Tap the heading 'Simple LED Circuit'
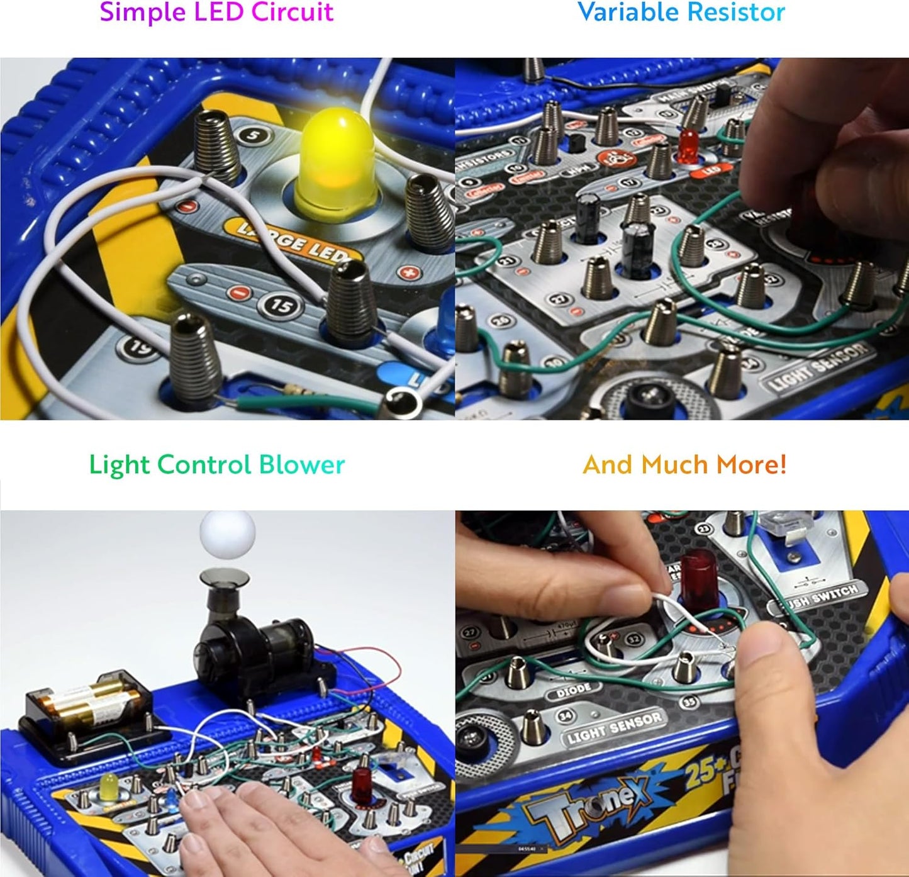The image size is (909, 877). [216, 13]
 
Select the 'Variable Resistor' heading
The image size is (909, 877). [681, 13]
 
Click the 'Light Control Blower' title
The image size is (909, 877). [216, 465]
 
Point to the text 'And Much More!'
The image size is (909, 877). [684, 465]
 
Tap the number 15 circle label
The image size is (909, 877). [281, 306]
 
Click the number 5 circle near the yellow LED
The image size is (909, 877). [254, 135]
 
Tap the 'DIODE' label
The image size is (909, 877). [573, 690]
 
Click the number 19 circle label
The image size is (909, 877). [138, 347]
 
